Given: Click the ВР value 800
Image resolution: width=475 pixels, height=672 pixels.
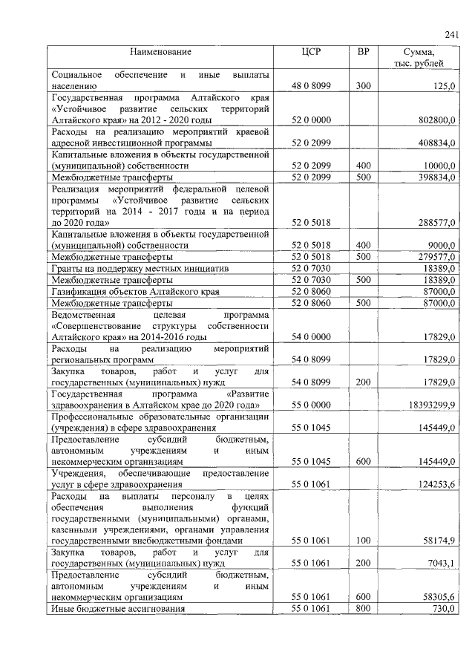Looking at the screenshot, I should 363,609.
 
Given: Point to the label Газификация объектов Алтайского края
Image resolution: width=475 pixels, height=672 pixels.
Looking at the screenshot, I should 126,291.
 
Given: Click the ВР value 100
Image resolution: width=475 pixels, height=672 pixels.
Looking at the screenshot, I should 363,541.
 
